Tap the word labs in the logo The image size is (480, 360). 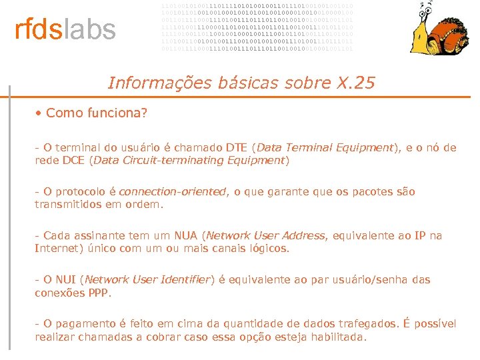(89, 30)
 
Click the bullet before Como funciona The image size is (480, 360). (39, 113)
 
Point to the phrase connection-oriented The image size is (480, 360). (172, 191)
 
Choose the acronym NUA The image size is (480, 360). (186, 235)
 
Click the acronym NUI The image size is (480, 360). (65, 279)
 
